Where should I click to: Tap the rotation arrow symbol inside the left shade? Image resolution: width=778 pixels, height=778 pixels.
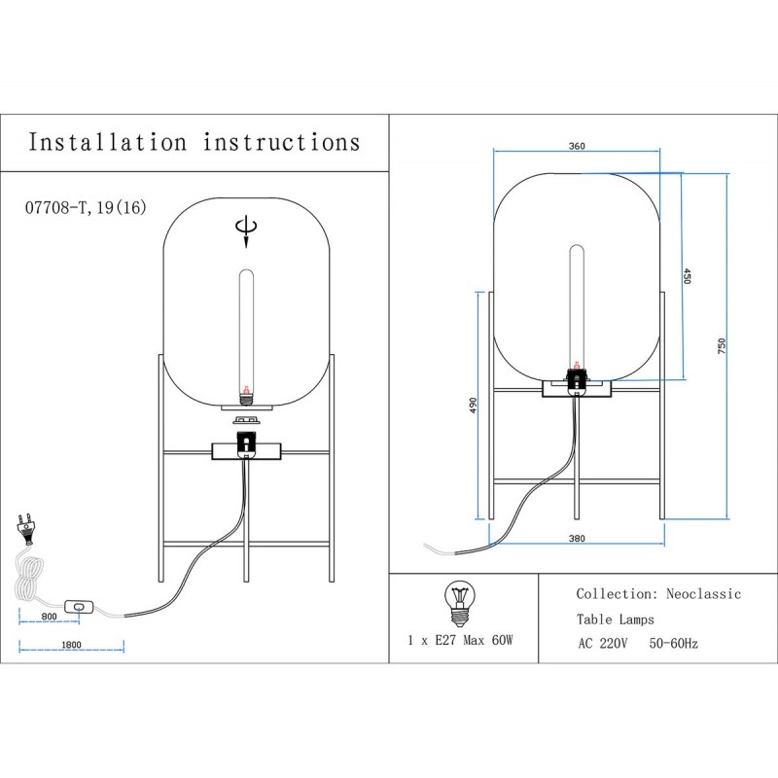click(x=246, y=228)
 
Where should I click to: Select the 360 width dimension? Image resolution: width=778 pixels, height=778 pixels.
click(x=576, y=146)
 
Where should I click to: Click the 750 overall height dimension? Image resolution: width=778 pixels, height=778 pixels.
click(x=722, y=346)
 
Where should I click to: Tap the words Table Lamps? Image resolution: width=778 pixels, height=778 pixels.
click(x=615, y=619)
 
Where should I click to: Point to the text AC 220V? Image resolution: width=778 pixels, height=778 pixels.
click(x=604, y=643)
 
